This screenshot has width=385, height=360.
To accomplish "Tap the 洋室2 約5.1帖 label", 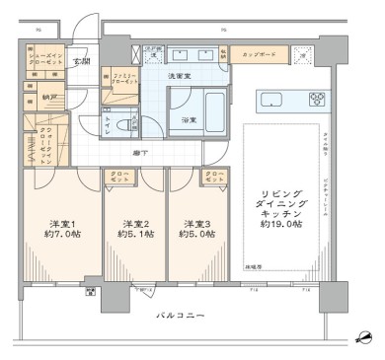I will [135, 229].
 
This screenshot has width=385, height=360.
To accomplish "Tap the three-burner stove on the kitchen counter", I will [317, 99].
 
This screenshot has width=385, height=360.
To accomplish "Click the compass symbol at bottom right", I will [366, 337].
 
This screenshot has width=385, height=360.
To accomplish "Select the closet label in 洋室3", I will [213, 178].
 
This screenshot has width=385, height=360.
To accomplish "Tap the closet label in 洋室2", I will [118, 178].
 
